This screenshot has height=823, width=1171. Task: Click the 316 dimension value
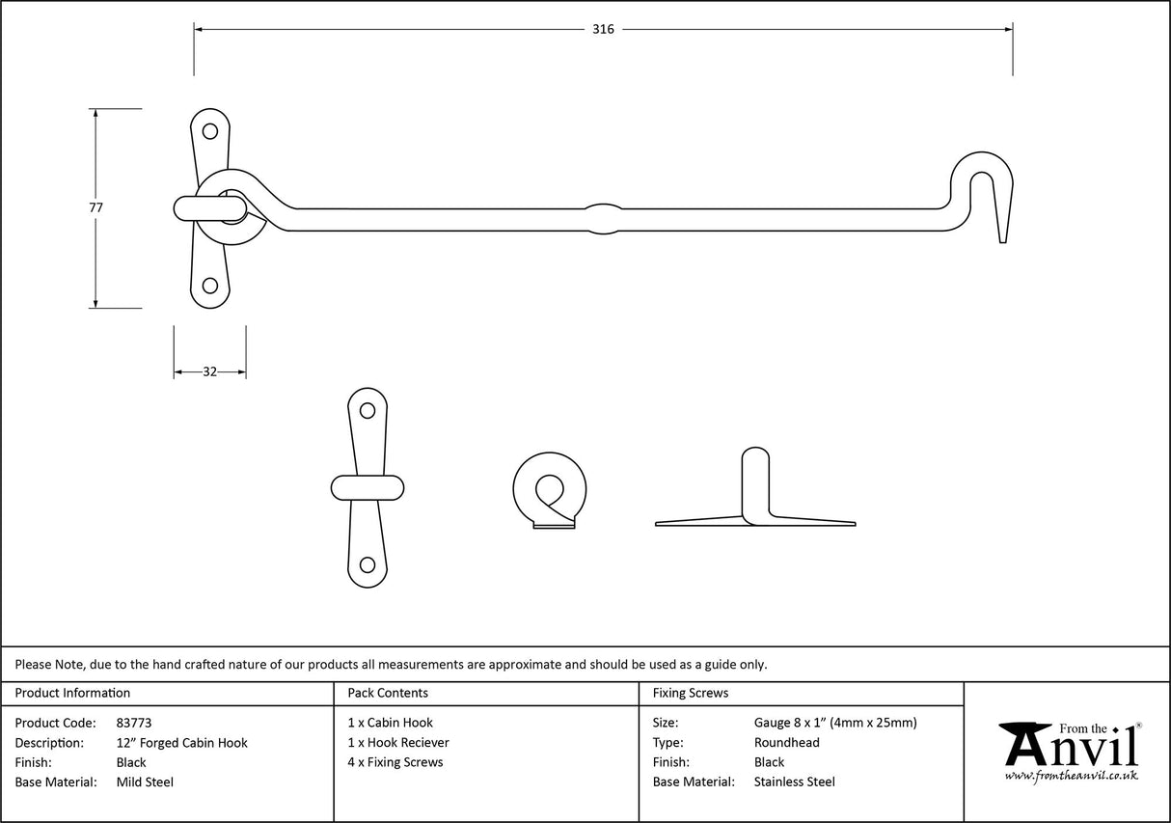click(603, 29)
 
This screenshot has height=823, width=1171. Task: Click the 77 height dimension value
click(95, 206)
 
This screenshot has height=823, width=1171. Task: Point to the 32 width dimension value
click(209, 371)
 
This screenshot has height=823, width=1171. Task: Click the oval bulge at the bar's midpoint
click(603, 218)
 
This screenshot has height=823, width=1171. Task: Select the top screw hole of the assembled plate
click(209, 131)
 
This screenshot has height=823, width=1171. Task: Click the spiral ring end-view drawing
click(550, 489)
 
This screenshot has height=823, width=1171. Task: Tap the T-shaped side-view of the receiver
click(755, 502)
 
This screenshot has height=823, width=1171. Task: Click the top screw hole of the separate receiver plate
click(367, 409)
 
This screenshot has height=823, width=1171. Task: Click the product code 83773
click(133, 723)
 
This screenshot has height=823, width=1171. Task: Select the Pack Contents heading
click(388, 693)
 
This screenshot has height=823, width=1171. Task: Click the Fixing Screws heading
click(691, 693)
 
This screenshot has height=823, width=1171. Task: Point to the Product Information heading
click(72, 693)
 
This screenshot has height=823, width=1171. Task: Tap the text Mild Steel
click(145, 782)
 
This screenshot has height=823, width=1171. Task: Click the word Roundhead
click(786, 743)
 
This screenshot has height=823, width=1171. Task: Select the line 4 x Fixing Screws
click(395, 762)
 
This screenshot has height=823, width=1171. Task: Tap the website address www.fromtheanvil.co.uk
click(1071, 776)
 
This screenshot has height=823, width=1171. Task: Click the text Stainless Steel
click(794, 782)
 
